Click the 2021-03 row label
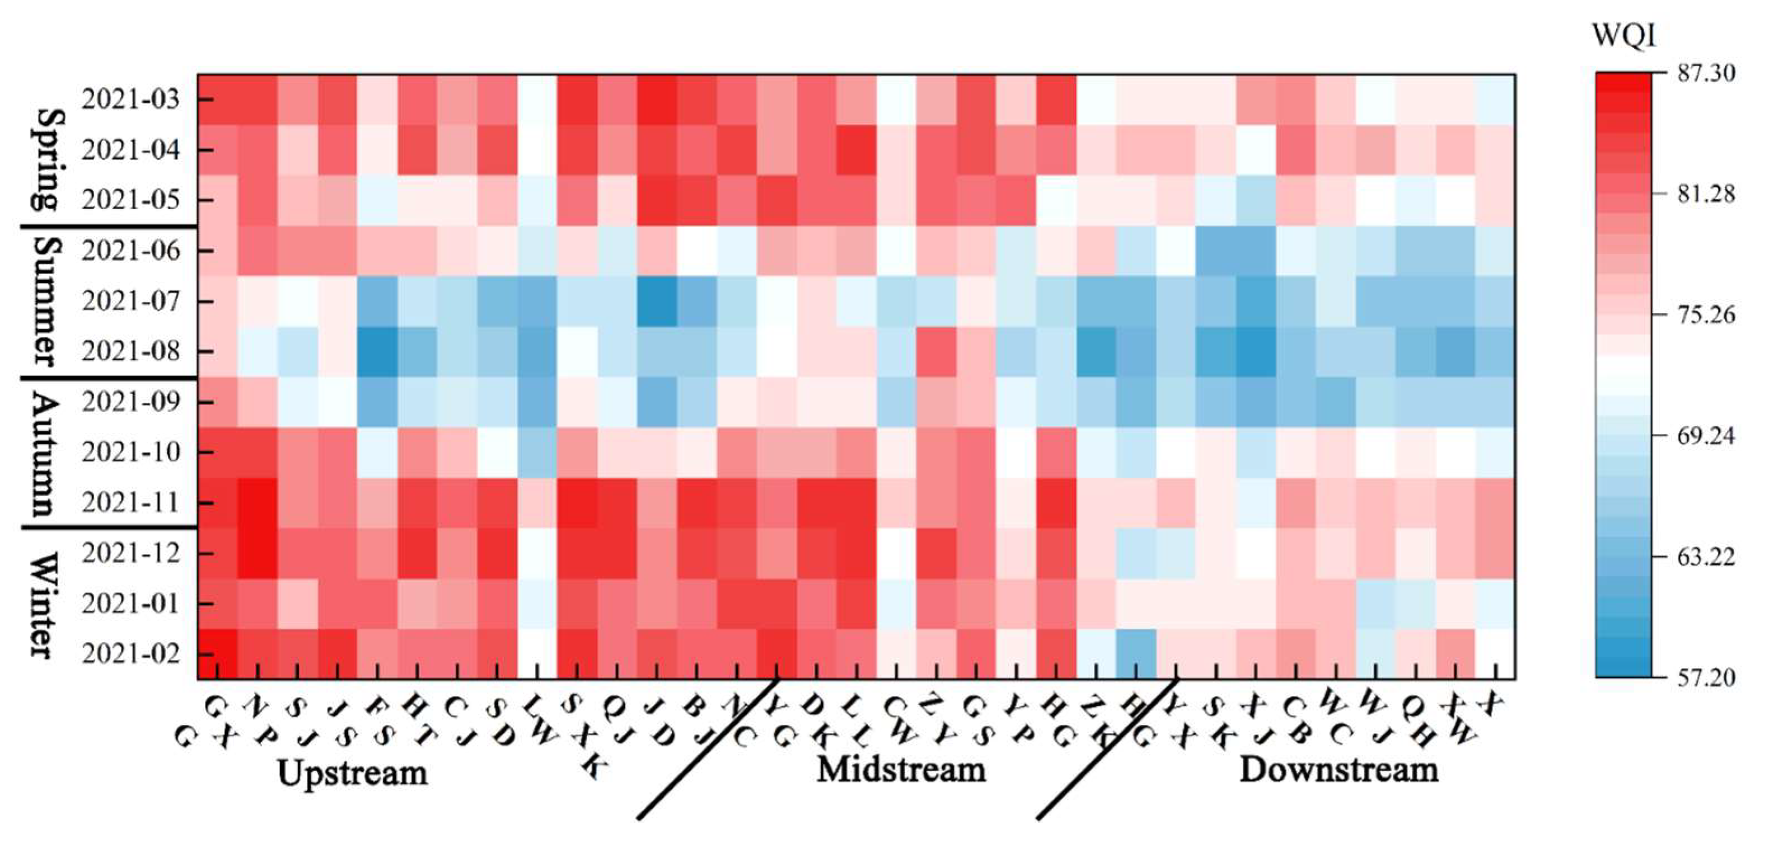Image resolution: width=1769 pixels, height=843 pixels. pyautogui.click(x=130, y=100)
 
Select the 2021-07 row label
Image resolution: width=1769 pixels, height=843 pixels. pyautogui.click(x=130, y=301)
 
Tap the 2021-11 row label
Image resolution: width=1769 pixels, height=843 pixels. pyautogui.click(x=130, y=502)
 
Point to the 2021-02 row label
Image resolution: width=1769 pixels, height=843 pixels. pyautogui.click(x=130, y=653)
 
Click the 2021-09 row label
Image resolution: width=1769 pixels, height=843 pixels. pyautogui.click(x=130, y=402)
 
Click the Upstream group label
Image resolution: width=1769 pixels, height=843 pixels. pyautogui.click(x=352, y=773)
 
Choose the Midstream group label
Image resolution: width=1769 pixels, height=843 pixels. pyautogui.click(x=901, y=770)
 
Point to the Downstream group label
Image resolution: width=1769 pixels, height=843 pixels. pyautogui.click(x=1339, y=770)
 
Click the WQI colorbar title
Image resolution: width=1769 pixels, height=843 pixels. pyautogui.click(x=1623, y=34)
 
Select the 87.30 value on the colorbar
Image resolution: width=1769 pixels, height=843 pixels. pyautogui.click(x=1706, y=73)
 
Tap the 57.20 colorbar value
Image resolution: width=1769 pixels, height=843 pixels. pyautogui.click(x=1706, y=678)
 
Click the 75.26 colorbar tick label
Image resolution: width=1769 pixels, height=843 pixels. pyautogui.click(x=1706, y=315)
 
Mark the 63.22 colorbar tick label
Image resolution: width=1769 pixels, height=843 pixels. pyautogui.click(x=1706, y=557)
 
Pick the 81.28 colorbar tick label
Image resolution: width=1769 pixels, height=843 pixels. pyautogui.click(x=1706, y=194)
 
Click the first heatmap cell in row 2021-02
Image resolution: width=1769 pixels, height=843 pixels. pyautogui.click(x=218, y=653)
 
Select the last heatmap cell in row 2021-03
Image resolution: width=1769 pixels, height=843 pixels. pyautogui.click(x=1496, y=100)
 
